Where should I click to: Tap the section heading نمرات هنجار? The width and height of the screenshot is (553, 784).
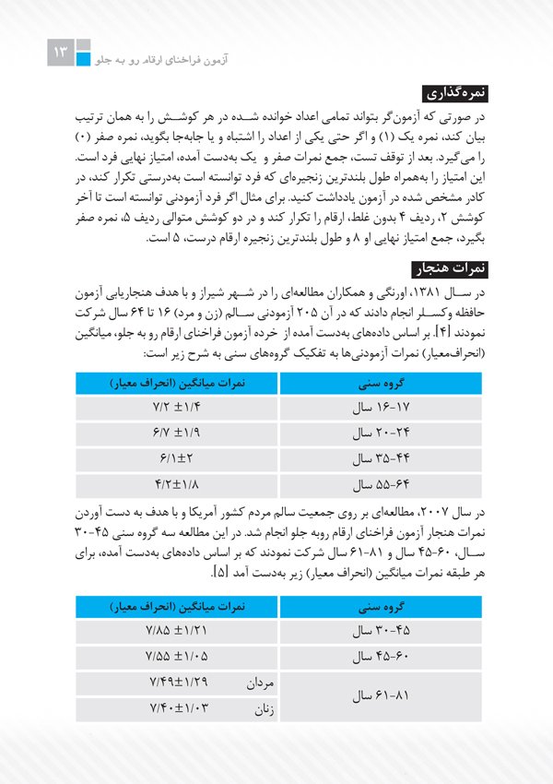(x=458, y=269)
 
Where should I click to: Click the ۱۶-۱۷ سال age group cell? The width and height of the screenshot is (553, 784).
(x=378, y=406)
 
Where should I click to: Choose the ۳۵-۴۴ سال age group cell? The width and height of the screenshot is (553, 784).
(x=378, y=457)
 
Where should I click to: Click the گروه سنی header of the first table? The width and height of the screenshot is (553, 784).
(x=378, y=381)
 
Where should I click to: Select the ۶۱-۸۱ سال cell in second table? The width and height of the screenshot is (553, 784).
(x=378, y=696)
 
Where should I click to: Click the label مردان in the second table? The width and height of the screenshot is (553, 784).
(x=257, y=683)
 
